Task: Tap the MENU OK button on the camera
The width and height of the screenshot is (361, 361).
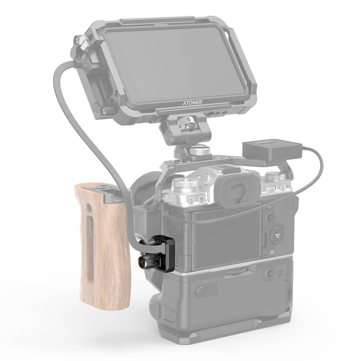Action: [277, 235]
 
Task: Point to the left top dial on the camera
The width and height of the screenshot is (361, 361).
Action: [185, 185]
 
